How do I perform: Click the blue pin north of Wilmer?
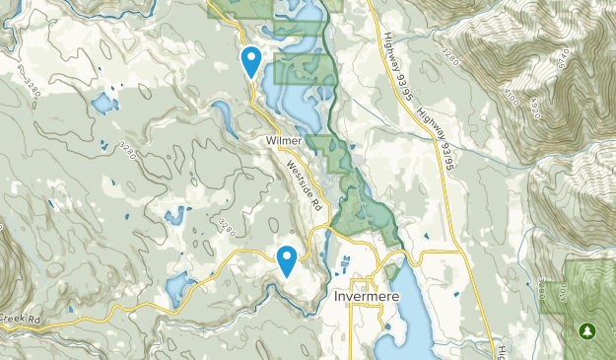coord(252,61)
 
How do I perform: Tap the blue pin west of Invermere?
coord(287,260)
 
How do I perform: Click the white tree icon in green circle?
coord(590,329)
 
